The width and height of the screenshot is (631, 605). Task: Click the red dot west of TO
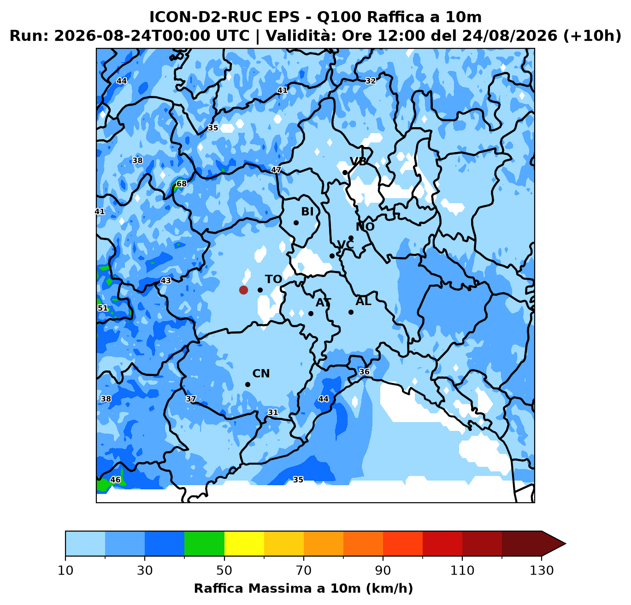243,290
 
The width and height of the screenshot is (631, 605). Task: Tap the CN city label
261,374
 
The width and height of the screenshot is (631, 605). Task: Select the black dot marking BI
296,223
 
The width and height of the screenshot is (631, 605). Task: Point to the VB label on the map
358,161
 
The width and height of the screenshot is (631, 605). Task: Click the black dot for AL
351,312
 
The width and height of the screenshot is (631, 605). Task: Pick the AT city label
323,302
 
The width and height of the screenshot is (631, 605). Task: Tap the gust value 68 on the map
182,184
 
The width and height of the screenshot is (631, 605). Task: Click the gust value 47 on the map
276,170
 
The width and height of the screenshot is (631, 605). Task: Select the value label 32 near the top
371,81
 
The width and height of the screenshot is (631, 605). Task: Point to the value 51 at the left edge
103,308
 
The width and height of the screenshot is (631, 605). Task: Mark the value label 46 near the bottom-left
115,480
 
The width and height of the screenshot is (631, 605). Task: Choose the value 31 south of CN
273,412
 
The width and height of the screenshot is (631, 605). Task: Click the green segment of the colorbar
204,543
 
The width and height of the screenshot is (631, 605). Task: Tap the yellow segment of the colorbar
244,543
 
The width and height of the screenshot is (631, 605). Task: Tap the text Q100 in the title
339,17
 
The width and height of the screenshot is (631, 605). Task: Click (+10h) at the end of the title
592,36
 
